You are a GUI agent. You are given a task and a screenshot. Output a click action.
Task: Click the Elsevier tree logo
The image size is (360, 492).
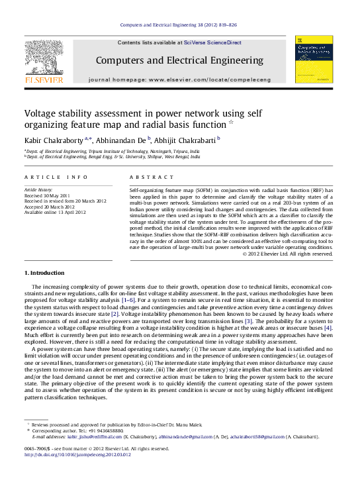(x=44, y=58)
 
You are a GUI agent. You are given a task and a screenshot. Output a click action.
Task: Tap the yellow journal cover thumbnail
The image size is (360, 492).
(x=314, y=60)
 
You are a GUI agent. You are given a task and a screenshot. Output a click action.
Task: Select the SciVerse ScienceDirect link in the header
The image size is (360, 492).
(x=216, y=42)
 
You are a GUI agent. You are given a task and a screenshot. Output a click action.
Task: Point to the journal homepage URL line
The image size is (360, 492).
(x=179, y=79)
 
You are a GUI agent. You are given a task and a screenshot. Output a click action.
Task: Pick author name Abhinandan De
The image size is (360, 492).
(x=120, y=140)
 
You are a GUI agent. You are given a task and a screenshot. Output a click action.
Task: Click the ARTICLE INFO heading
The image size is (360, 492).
(x=56, y=177)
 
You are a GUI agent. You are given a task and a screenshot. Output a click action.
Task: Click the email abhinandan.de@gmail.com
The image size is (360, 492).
(x=185, y=437)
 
